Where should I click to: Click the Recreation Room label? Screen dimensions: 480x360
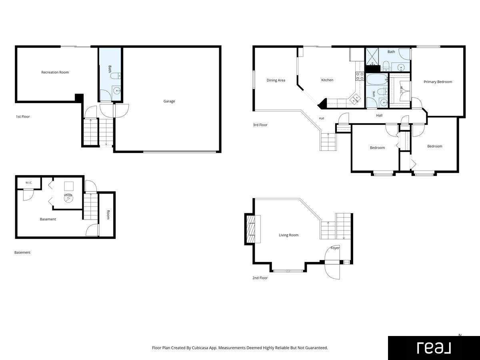pyautogui.click(x=55, y=72)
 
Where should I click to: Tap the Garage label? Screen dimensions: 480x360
pyautogui.click(x=169, y=101)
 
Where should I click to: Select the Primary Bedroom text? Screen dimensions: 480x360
pyautogui.click(x=438, y=82)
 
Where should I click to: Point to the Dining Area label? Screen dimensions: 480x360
pyautogui.click(x=276, y=80)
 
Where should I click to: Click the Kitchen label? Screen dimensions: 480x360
pyautogui.click(x=327, y=80)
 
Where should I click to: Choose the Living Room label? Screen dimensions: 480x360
pyautogui.click(x=288, y=235)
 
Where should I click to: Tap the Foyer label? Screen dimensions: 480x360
pyautogui.click(x=335, y=248)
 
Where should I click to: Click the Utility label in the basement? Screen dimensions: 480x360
pyautogui.click(x=68, y=195)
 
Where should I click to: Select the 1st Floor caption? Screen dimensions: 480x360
pyautogui.click(x=23, y=116)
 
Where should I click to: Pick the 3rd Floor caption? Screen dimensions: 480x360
pyautogui.click(x=260, y=125)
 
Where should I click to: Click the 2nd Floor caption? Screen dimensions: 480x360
pyautogui.click(x=260, y=278)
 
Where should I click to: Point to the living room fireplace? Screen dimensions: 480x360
pyautogui.click(x=252, y=229)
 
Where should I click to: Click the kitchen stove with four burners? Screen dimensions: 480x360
pyautogui.click(x=360, y=76)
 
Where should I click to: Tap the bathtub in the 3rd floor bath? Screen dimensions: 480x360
pyautogui.click(x=377, y=80)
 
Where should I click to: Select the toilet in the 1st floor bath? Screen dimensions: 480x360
pyautogui.click(x=115, y=76)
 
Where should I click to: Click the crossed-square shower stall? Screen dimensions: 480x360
pyautogui.click(x=372, y=57)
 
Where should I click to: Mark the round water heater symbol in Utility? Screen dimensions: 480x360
pyautogui.click(x=68, y=198)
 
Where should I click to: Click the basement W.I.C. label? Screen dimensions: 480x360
pyautogui.click(x=29, y=182)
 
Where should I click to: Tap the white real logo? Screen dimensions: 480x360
pyautogui.click(x=434, y=348)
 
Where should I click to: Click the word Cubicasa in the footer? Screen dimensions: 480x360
pyautogui.click(x=200, y=348)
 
